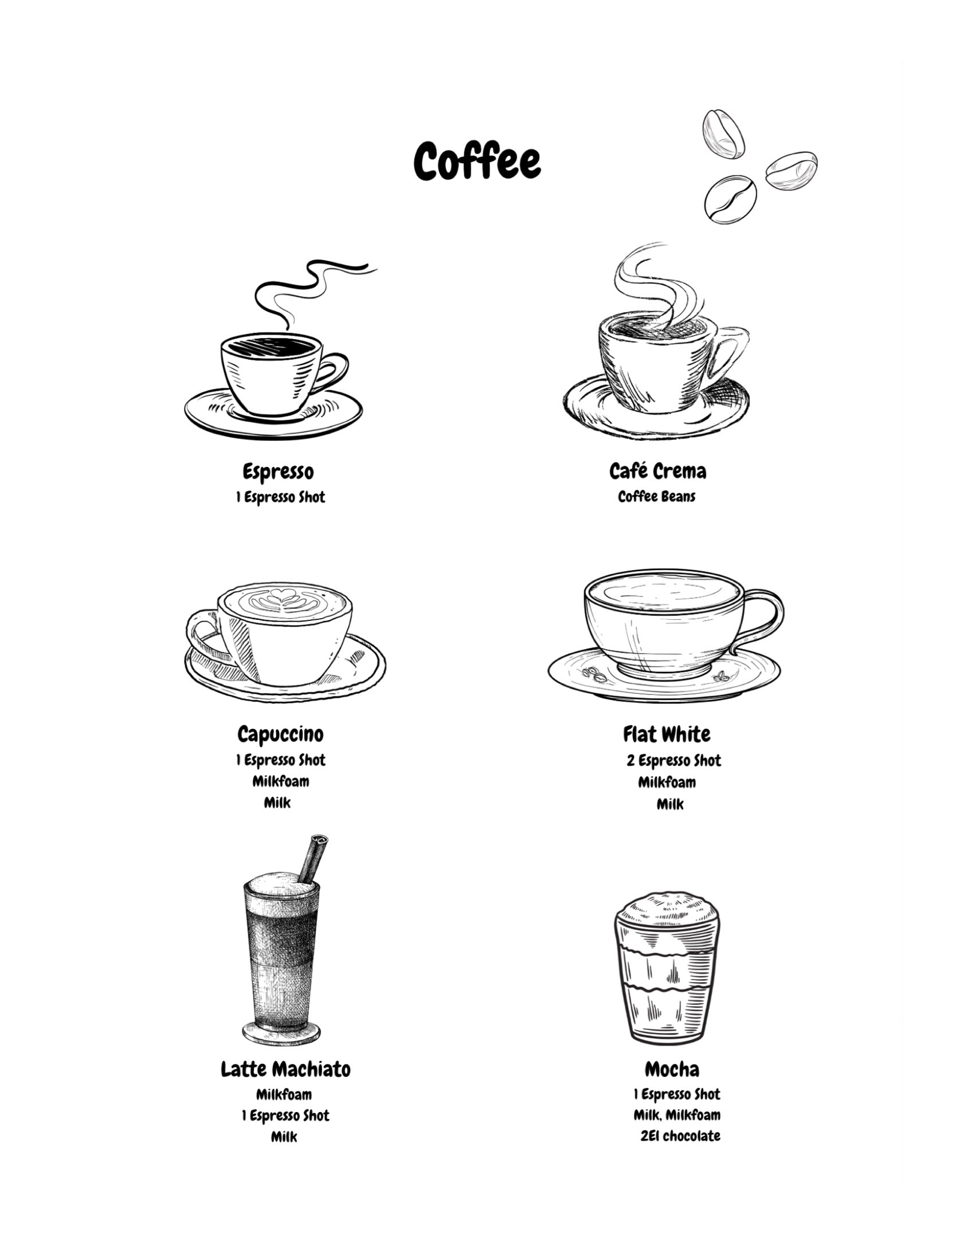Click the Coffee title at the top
477,162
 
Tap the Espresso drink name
278,472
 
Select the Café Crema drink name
657,471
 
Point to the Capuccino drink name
280,734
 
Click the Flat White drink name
667,734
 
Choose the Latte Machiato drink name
285,1069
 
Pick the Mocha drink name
672,1069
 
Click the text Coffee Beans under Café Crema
657,497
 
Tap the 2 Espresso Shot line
673,761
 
